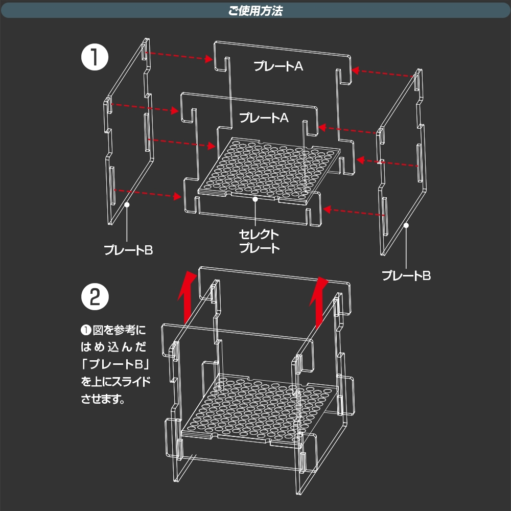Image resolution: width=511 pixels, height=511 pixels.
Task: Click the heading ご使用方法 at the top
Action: (255, 11)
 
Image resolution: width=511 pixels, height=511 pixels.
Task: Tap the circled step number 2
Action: (95, 297)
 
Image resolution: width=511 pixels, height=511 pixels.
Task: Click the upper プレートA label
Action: (278, 65)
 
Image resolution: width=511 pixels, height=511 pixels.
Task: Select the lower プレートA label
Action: (264, 118)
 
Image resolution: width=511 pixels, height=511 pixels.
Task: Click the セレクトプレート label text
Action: (260, 242)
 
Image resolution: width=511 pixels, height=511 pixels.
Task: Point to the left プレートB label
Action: (128, 250)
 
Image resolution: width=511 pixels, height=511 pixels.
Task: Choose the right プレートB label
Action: (407, 276)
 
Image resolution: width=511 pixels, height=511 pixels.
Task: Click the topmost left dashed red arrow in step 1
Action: (178, 56)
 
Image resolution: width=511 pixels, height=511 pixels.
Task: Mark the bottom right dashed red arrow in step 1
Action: (353, 212)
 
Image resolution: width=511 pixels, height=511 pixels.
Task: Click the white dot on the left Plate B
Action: (127, 204)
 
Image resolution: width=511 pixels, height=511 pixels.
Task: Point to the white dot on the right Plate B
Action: (406, 225)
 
